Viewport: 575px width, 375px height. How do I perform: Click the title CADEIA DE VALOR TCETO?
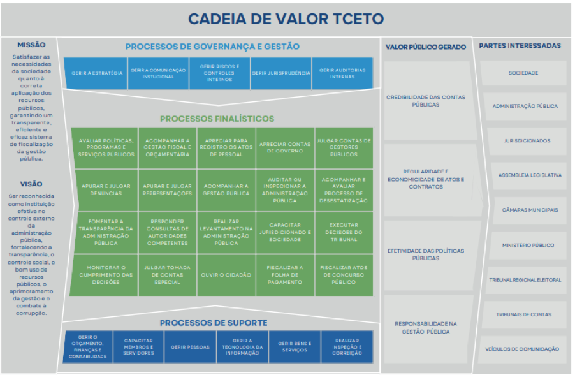(286, 18)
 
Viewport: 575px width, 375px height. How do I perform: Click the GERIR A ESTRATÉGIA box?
(97, 73)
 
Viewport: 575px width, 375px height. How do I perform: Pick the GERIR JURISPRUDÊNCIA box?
(281, 73)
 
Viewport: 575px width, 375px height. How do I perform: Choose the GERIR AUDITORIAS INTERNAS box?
(342, 73)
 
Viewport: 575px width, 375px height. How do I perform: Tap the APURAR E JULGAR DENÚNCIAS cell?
(106, 189)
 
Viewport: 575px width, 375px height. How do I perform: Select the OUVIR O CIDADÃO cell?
(226, 275)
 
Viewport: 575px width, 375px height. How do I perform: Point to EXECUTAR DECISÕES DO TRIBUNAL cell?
(344, 232)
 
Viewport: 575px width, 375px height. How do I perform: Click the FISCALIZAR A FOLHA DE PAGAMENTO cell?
(285, 275)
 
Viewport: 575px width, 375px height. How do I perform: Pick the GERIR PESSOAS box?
(190, 347)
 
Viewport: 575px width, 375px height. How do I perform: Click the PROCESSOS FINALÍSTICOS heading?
(217, 119)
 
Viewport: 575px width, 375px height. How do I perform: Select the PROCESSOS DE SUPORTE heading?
(213, 323)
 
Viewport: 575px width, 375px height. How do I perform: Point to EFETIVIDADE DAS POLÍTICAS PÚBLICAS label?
(426, 254)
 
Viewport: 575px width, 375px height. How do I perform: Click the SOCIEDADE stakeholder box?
(523, 73)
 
